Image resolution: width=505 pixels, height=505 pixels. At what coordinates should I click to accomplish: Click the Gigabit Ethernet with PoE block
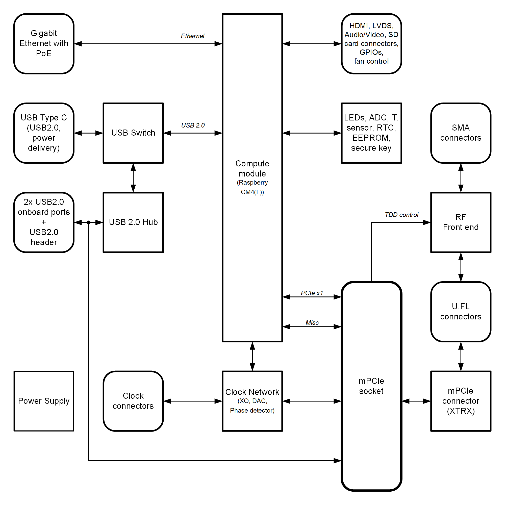click(44, 44)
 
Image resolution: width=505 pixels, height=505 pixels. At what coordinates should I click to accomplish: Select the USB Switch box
click(133, 133)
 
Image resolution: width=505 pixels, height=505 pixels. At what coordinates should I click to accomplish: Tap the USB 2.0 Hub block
click(133, 222)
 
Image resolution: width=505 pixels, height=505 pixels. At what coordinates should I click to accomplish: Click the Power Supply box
click(44, 401)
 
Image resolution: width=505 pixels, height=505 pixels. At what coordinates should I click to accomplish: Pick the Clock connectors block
click(133, 401)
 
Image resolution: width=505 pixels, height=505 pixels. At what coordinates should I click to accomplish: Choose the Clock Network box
click(252, 401)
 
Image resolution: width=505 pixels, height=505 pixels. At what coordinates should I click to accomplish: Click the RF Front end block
click(461, 222)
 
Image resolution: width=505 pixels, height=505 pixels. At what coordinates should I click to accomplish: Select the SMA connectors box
click(461, 133)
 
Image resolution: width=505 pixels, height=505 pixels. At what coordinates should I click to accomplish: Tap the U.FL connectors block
click(461, 312)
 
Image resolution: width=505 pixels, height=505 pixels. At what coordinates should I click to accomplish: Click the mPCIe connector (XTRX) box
click(461, 401)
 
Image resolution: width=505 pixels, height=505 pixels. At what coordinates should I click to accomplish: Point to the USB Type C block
click(44, 133)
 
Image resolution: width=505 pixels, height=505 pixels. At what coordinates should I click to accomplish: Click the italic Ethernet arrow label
click(193, 36)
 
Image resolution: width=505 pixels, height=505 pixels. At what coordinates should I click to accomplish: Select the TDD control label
click(401, 215)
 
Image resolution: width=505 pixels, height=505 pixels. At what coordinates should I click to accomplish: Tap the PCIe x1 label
click(312, 293)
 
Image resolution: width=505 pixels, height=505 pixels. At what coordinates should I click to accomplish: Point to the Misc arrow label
click(312, 322)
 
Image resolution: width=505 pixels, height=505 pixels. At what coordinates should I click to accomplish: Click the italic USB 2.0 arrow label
click(193, 125)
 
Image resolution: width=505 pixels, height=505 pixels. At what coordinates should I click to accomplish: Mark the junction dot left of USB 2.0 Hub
click(89, 222)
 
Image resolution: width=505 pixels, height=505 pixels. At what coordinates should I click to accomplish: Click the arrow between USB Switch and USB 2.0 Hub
click(133, 178)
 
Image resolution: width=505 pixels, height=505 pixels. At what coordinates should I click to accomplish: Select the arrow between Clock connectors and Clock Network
click(193, 401)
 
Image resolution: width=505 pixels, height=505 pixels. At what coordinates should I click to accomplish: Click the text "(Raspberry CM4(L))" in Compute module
click(252, 187)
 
